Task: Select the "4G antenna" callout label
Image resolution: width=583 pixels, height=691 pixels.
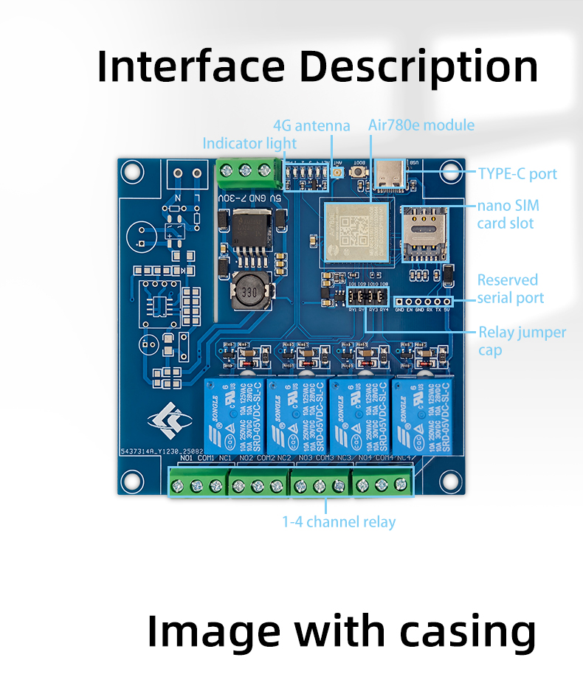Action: [x=311, y=125]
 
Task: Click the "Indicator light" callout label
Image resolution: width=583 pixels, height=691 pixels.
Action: [x=249, y=143]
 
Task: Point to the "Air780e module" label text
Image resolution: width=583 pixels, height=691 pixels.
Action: [x=421, y=125]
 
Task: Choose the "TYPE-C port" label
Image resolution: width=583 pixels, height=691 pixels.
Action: [x=517, y=174]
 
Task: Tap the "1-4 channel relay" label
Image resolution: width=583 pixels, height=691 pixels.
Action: [x=339, y=522]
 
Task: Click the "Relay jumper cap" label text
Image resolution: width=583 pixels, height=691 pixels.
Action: [x=522, y=341]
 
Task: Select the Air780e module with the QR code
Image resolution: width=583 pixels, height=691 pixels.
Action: [x=355, y=229]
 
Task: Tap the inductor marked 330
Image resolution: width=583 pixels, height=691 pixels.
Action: [x=250, y=293]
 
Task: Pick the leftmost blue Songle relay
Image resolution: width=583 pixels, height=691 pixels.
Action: [x=234, y=416]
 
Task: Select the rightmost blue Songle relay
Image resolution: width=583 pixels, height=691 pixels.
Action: [x=422, y=416]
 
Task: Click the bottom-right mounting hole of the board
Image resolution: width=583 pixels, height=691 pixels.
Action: [x=450, y=479]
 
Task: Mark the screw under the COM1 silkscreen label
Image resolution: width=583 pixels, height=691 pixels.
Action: [x=197, y=485]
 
